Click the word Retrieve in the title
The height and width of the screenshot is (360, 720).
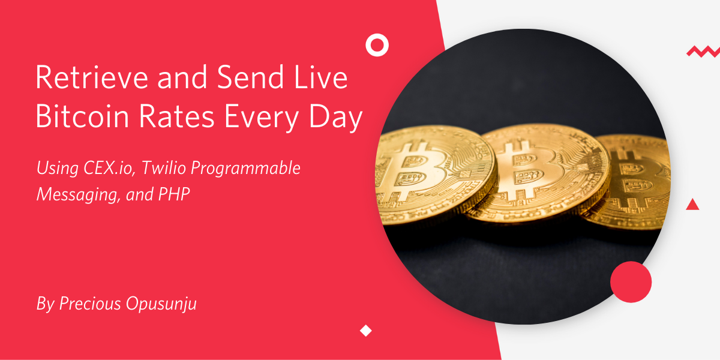(x=92, y=77)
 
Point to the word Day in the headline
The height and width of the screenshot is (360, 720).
(x=335, y=118)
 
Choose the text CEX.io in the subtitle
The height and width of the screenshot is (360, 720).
(x=109, y=168)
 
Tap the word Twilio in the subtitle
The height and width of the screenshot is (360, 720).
(x=164, y=167)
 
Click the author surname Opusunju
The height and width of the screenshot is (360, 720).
(x=161, y=304)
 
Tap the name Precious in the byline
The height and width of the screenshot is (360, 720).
(x=90, y=304)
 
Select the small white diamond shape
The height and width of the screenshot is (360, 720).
(x=366, y=331)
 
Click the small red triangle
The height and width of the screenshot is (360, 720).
(x=692, y=205)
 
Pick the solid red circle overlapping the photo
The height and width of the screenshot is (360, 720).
(x=631, y=282)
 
